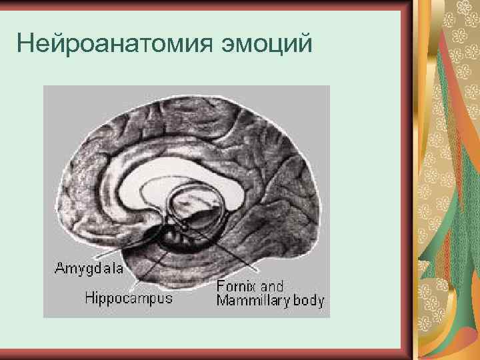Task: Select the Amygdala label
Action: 89,269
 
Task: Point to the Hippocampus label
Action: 129,298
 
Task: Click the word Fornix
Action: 237,287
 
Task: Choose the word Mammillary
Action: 253,301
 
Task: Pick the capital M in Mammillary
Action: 221,301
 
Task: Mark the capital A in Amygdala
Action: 59,269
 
